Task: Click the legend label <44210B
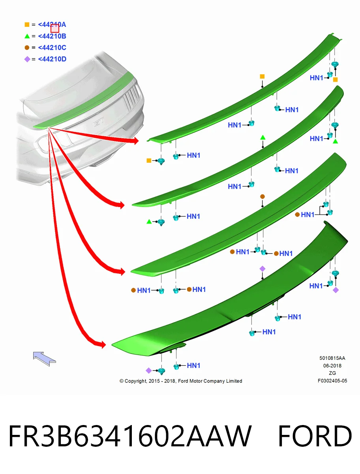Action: (52, 36)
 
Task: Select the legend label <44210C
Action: (52, 47)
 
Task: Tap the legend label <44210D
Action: (52, 59)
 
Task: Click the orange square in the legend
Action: (27, 24)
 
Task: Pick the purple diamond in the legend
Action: (27, 59)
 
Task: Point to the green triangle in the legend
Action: (27, 36)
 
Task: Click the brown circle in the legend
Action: (27, 47)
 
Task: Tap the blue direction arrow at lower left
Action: (44, 359)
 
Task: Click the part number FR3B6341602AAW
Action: (130, 436)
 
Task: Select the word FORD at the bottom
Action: (315, 436)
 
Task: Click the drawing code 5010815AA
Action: (332, 358)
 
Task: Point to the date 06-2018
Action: (332, 366)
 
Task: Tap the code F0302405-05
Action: (332, 381)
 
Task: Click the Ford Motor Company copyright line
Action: (181, 381)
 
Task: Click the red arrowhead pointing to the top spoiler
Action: (135, 141)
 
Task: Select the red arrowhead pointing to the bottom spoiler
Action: (103, 345)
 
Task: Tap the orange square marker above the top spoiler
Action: (262, 76)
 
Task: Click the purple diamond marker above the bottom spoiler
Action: (262, 269)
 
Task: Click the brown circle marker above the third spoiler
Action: (262, 196)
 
